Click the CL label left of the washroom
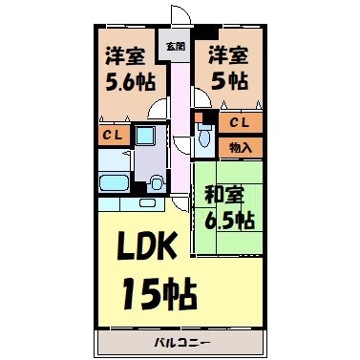coord(110,136)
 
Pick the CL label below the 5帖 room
coord(240,122)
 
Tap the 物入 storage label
coord(240,147)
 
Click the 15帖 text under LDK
coord(159,288)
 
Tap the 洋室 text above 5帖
coord(229,54)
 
